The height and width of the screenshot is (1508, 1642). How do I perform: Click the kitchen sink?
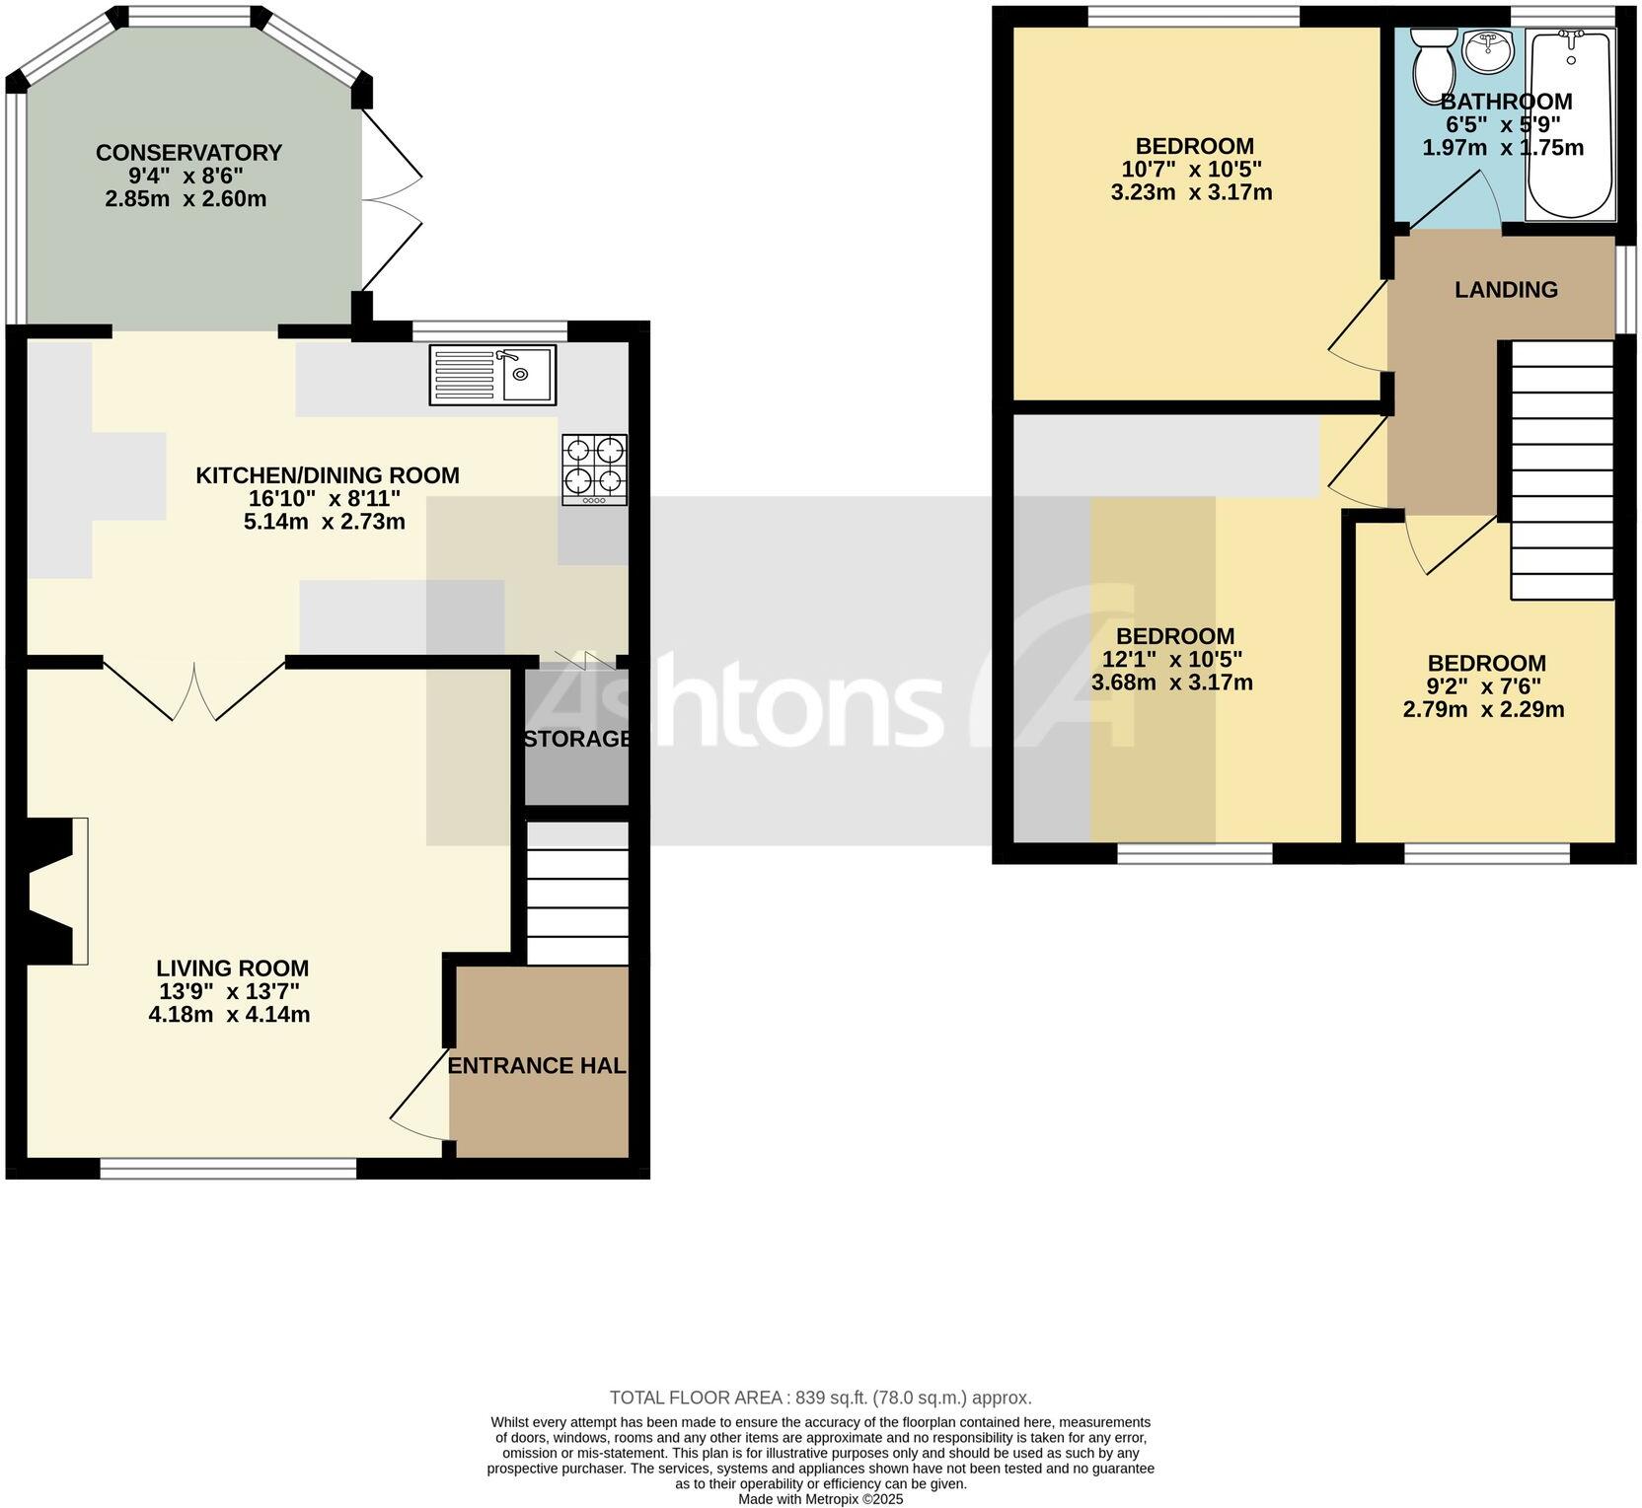492,374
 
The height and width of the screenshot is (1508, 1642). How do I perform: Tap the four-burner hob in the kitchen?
594,469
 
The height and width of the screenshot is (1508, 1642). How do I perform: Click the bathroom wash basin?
1487,49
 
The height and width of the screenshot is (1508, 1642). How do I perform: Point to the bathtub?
1570,123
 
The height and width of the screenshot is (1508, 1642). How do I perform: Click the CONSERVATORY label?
188,153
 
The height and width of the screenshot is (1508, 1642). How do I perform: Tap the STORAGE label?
577,739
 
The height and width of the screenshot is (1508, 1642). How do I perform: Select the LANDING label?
1506,289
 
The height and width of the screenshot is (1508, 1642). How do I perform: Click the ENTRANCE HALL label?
538,1065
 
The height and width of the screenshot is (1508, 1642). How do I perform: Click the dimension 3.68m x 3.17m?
1171,682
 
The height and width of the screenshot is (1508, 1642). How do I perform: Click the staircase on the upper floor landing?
1561,470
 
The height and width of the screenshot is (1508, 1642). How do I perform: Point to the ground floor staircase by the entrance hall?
577,893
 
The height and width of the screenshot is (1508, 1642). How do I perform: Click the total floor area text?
820,1397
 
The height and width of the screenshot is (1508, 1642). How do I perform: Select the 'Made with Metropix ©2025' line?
820,1499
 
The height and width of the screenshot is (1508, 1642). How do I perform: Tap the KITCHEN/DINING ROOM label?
328,475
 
